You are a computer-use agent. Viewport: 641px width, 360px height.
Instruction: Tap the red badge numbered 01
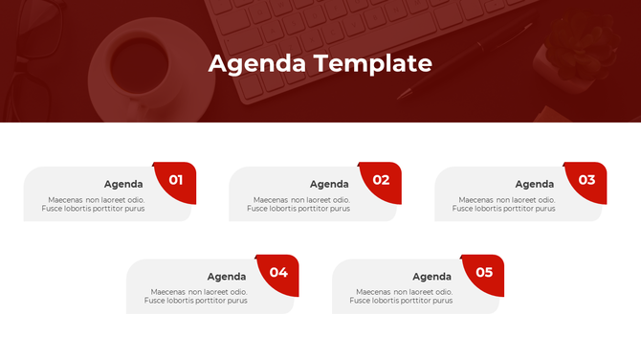(x=176, y=180)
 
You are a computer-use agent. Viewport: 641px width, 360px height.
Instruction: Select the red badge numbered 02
(x=382, y=180)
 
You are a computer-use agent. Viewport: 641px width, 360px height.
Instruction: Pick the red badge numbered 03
(x=586, y=180)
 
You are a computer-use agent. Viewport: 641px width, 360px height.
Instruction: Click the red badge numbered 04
(x=278, y=272)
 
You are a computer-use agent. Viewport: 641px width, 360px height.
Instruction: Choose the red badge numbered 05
(x=484, y=272)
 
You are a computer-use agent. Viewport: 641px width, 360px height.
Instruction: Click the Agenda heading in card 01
(x=123, y=184)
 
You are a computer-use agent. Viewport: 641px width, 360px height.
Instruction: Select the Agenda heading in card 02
(x=329, y=184)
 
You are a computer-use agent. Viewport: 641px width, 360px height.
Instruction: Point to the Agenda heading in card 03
(x=535, y=184)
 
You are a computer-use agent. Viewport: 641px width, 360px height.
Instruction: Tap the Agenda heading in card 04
(x=227, y=277)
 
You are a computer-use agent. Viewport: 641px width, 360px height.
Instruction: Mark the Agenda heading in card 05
(x=431, y=277)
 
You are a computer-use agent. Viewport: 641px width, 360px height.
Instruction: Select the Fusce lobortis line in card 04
(x=195, y=301)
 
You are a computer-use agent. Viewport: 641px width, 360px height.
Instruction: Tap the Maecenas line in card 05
(x=399, y=292)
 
